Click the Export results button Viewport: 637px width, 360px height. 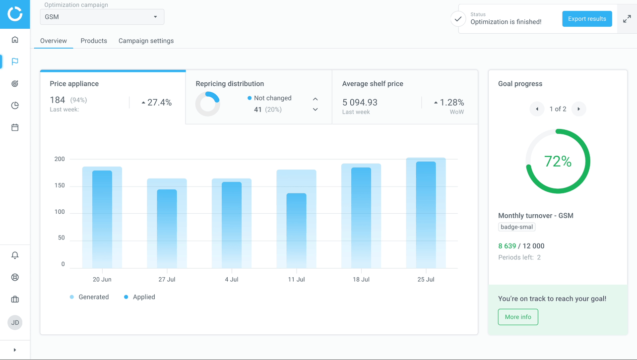(x=587, y=19)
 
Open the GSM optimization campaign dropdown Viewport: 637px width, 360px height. (x=102, y=17)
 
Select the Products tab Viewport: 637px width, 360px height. (x=94, y=41)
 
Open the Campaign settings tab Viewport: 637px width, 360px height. (x=146, y=41)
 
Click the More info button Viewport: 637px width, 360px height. (x=518, y=317)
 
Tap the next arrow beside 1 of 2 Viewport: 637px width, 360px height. (x=578, y=109)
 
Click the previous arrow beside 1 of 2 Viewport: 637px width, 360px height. (x=537, y=109)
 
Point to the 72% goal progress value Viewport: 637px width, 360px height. (x=558, y=161)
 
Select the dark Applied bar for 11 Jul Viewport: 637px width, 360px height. (x=296, y=231)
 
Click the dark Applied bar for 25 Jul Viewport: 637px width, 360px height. (x=426, y=215)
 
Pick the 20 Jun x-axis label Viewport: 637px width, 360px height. (x=102, y=279)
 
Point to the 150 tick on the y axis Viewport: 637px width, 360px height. (x=60, y=185)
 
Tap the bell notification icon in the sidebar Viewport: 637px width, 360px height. (x=15, y=255)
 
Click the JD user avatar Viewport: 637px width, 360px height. (x=15, y=322)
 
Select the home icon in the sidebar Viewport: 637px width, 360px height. (x=15, y=40)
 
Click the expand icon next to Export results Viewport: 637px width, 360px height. (x=627, y=19)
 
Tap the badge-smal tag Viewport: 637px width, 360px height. (x=516, y=227)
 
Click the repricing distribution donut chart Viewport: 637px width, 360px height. (x=207, y=104)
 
